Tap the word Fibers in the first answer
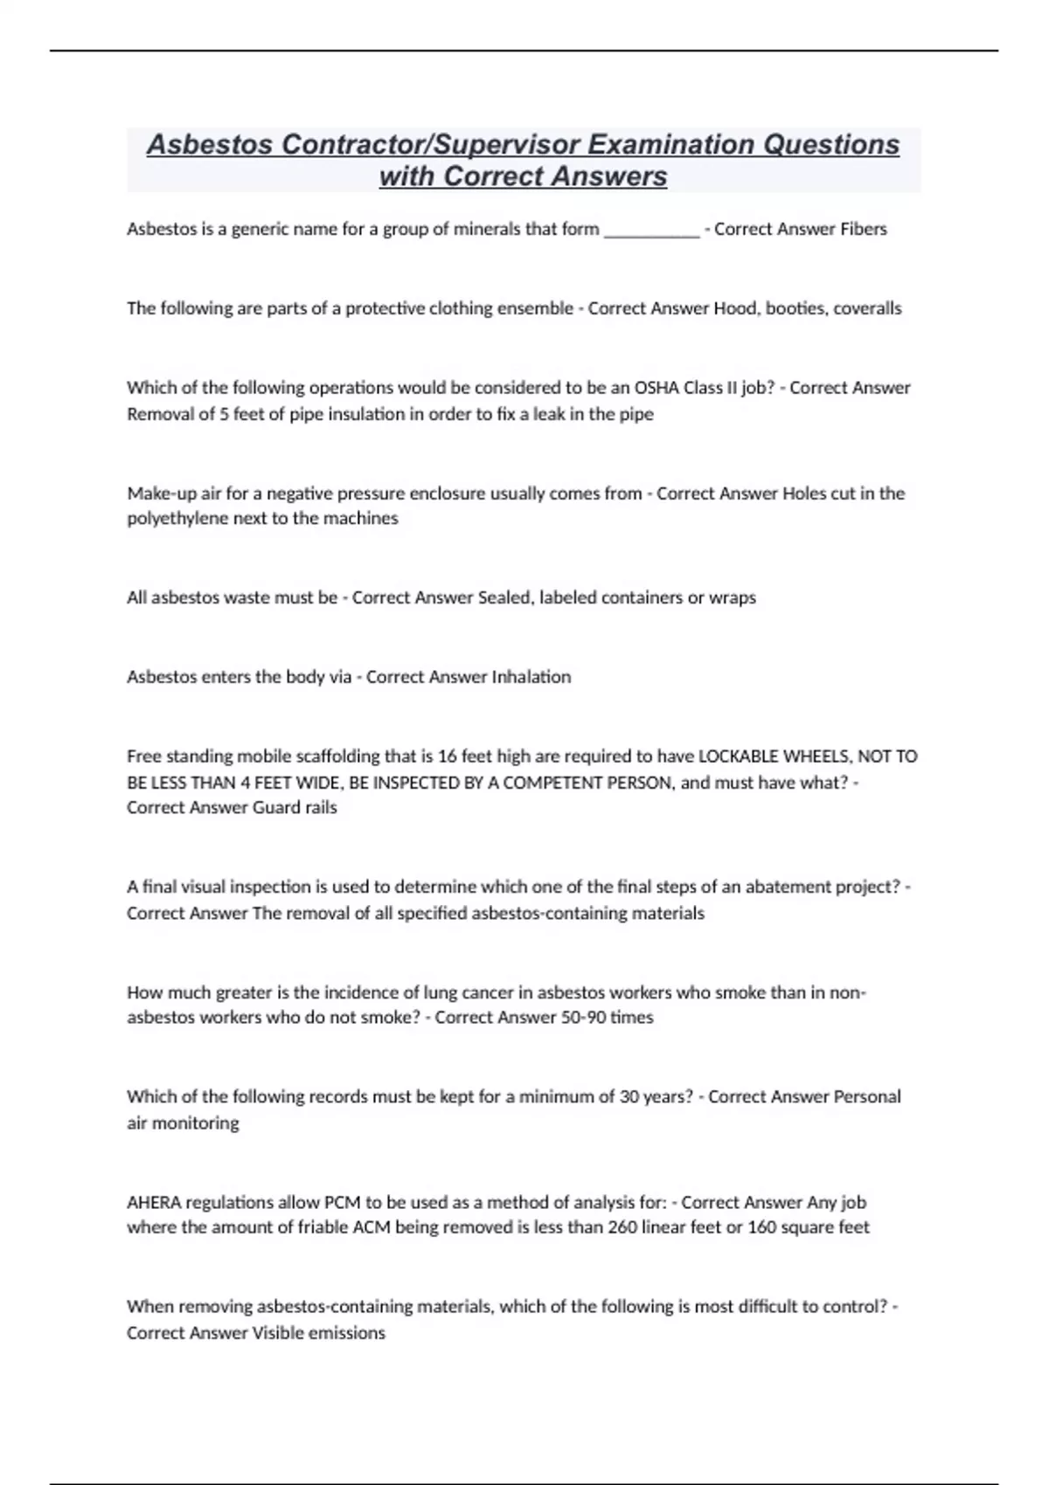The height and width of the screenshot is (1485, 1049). (x=864, y=229)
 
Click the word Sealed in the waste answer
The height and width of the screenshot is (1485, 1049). (x=504, y=597)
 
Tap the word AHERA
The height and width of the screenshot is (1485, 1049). (x=154, y=1202)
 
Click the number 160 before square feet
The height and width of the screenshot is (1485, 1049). (x=762, y=1227)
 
